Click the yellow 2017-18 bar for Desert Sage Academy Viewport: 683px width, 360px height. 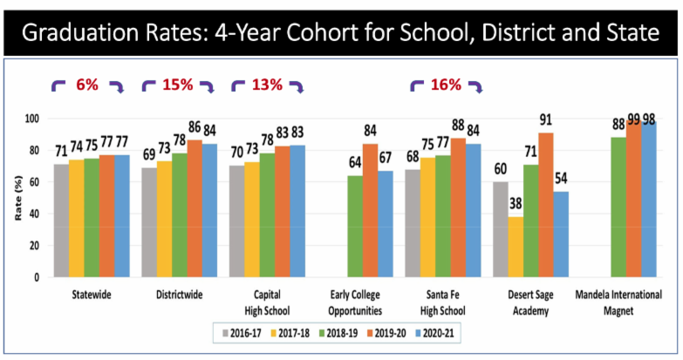(x=516, y=247)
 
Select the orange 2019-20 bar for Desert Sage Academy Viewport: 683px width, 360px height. (x=547, y=205)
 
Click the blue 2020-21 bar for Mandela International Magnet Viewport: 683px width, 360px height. (x=650, y=200)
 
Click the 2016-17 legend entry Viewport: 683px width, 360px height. (x=238, y=331)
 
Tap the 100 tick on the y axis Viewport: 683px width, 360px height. (x=34, y=119)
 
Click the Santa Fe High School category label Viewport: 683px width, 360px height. (x=441, y=301)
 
